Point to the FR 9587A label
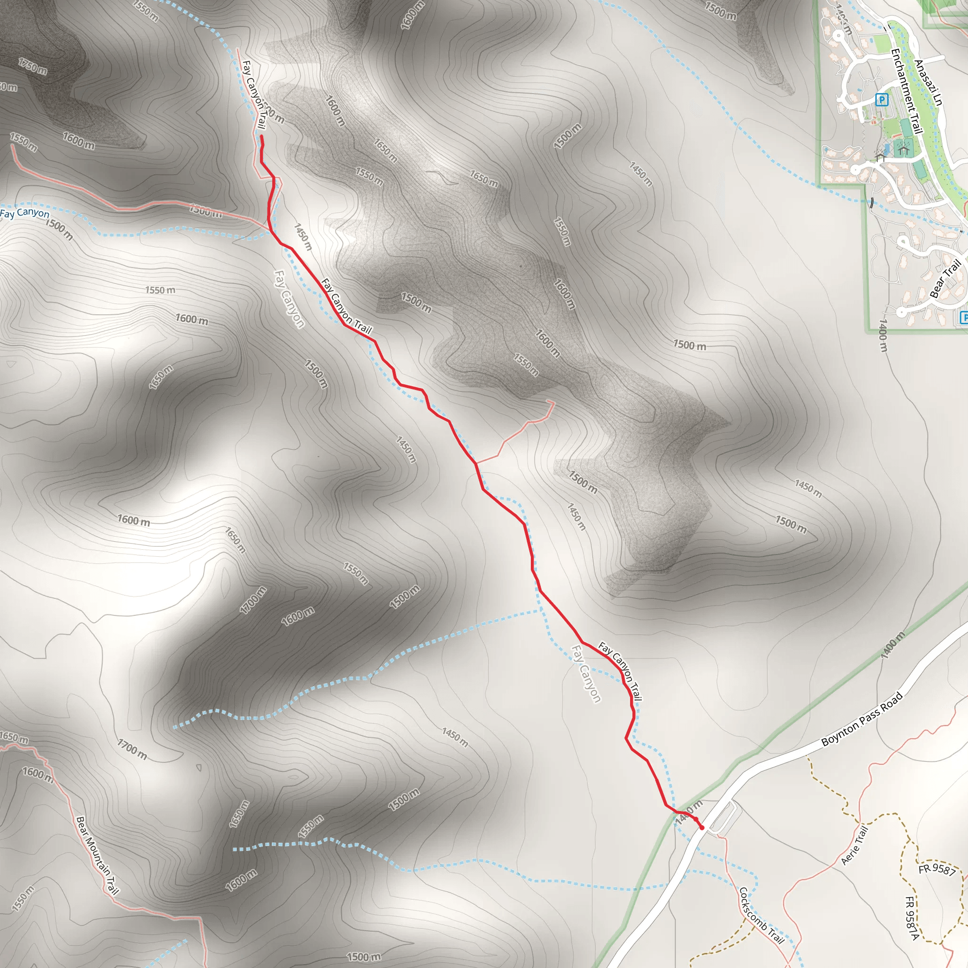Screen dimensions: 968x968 [x=912, y=918]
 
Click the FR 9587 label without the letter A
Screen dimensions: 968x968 [x=937, y=869]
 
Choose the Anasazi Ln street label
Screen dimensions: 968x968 [x=928, y=83]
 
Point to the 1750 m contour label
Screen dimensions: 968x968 [x=33, y=66]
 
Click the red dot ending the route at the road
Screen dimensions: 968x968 [x=702, y=828]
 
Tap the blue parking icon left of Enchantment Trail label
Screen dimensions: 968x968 [x=882, y=100]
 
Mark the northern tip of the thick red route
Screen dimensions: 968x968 [x=261, y=136]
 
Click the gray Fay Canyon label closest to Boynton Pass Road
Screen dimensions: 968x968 [x=586, y=674]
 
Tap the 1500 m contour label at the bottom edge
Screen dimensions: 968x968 [x=364, y=957]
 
